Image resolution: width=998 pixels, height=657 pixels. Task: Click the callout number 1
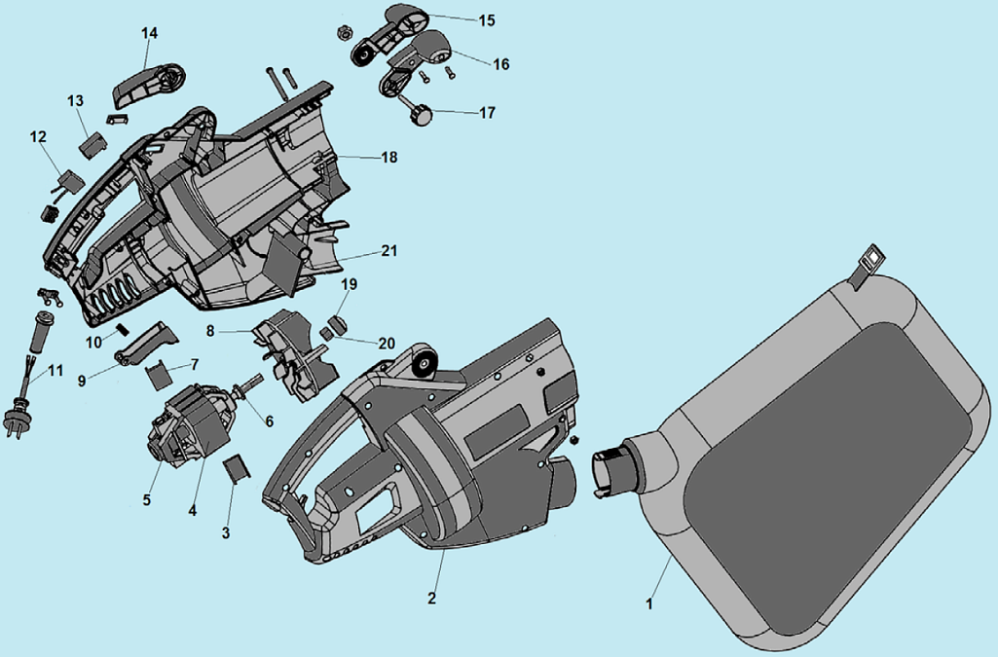649,602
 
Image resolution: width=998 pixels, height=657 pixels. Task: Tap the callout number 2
431,598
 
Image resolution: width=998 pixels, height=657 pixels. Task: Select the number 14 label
149,33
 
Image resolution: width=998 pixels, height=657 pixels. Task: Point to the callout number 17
487,113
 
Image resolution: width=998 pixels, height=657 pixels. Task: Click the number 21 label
389,251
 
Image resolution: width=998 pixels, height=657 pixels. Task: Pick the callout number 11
55,370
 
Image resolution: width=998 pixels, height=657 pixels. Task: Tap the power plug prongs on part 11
13,425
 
